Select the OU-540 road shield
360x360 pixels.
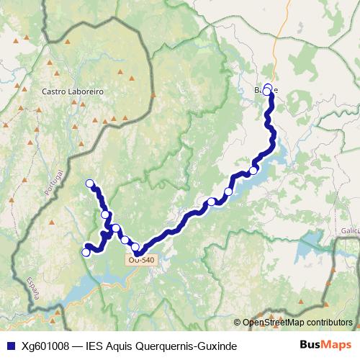click(x=143, y=260)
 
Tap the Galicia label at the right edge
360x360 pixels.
click(x=349, y=230)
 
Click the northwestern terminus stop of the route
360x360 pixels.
click(x=90, y=184)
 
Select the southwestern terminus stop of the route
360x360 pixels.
click(x=86, y=252)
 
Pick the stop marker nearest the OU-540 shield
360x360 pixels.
click(x=135, y=247)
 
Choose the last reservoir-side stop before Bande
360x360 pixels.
click(x=253, y=171)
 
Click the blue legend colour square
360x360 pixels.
click(x=12, y=346)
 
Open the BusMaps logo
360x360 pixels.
click(x=325, y=345)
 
